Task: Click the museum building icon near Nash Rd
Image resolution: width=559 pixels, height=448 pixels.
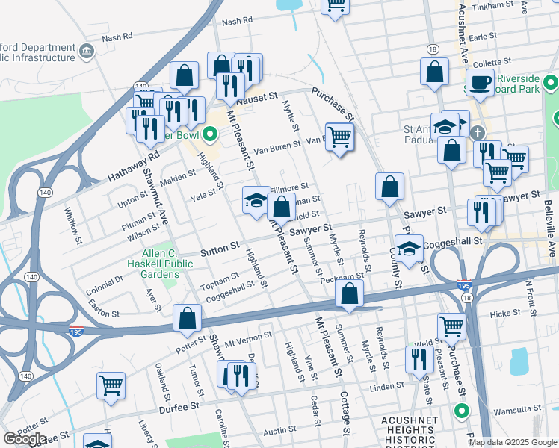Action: [87, 51]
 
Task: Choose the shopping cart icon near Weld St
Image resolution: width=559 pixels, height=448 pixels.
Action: [451, 326]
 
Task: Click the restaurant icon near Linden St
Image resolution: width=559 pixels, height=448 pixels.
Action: [419, 358]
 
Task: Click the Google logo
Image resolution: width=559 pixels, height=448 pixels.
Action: [24, 439]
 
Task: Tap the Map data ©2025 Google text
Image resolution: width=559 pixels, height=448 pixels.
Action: [513, 442]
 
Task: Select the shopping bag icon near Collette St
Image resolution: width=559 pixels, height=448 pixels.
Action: [434, 72]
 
